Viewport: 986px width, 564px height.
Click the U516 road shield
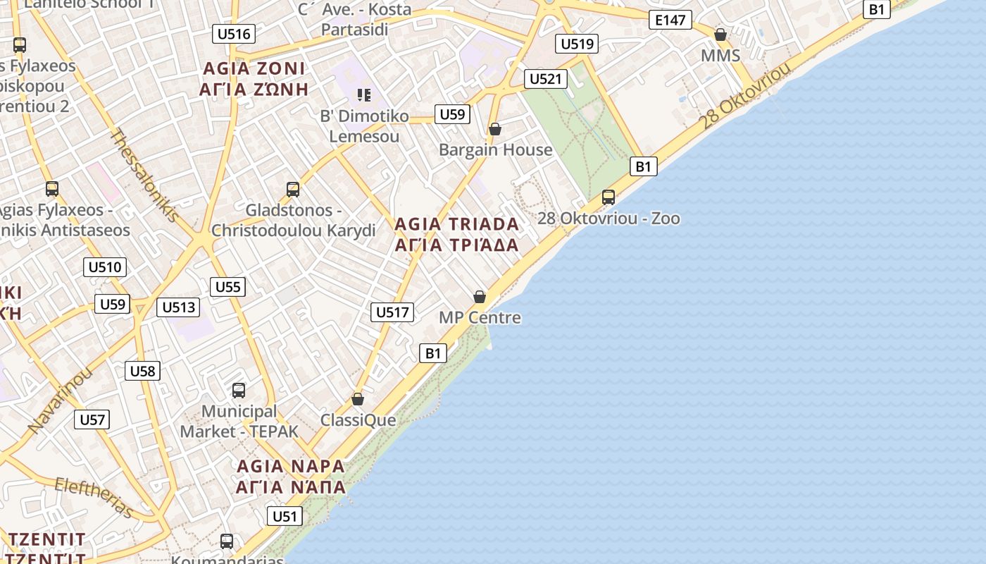point(234,34)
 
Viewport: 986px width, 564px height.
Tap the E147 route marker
point(670,20)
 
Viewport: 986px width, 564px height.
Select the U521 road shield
point(546,79)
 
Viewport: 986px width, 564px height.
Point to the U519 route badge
point(577,44)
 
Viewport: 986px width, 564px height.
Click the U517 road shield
point(392,312)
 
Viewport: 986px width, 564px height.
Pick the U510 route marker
point(105,267)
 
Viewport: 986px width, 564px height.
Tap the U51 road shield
point(285,516)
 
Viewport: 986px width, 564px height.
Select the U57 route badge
point(92,419)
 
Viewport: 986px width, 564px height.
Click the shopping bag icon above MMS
point(720,35)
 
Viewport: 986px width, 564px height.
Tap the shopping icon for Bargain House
point(495,129)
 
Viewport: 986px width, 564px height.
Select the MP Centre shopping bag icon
point(480,297)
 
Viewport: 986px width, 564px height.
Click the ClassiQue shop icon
point(358,399)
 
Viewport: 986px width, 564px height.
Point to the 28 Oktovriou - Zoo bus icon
point(609,197)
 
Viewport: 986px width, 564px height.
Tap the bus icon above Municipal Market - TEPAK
point(239,390)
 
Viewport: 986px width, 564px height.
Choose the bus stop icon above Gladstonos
point(293,189)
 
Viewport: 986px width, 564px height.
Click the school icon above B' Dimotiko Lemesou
point(363,94)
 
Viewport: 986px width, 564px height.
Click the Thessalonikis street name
point(145,176)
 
